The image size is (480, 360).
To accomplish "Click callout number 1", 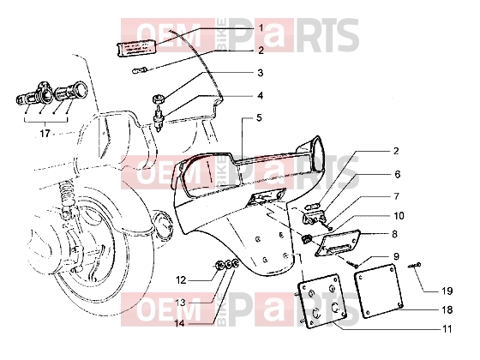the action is click(261, 28).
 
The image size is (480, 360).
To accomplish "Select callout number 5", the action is click(259, 118).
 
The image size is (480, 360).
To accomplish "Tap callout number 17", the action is click(45, 134).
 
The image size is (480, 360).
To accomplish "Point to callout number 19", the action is click(447, 291).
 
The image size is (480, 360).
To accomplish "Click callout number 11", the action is click(447, 329).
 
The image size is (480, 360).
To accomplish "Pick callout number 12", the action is click(181, 279).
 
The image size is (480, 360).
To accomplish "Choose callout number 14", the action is click(180, 323).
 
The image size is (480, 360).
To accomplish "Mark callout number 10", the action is click(399, 216).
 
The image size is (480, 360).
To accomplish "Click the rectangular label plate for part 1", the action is click(137, 48).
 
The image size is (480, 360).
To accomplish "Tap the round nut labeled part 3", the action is click(159, 99).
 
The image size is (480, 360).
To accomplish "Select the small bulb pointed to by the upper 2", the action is click(140, 71).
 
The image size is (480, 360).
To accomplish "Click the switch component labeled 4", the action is click(159, 118).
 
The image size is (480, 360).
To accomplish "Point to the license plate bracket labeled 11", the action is click(322, 301).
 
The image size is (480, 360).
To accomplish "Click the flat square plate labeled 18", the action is click(378, 290).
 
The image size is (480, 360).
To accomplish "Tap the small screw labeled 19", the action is click(415, 266).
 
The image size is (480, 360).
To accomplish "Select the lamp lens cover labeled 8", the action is click(338, 243).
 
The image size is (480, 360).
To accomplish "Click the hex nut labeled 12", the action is click(219, 265).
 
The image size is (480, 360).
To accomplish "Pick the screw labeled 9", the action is click(352, 264).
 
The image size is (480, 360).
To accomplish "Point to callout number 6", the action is click(398, 174).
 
